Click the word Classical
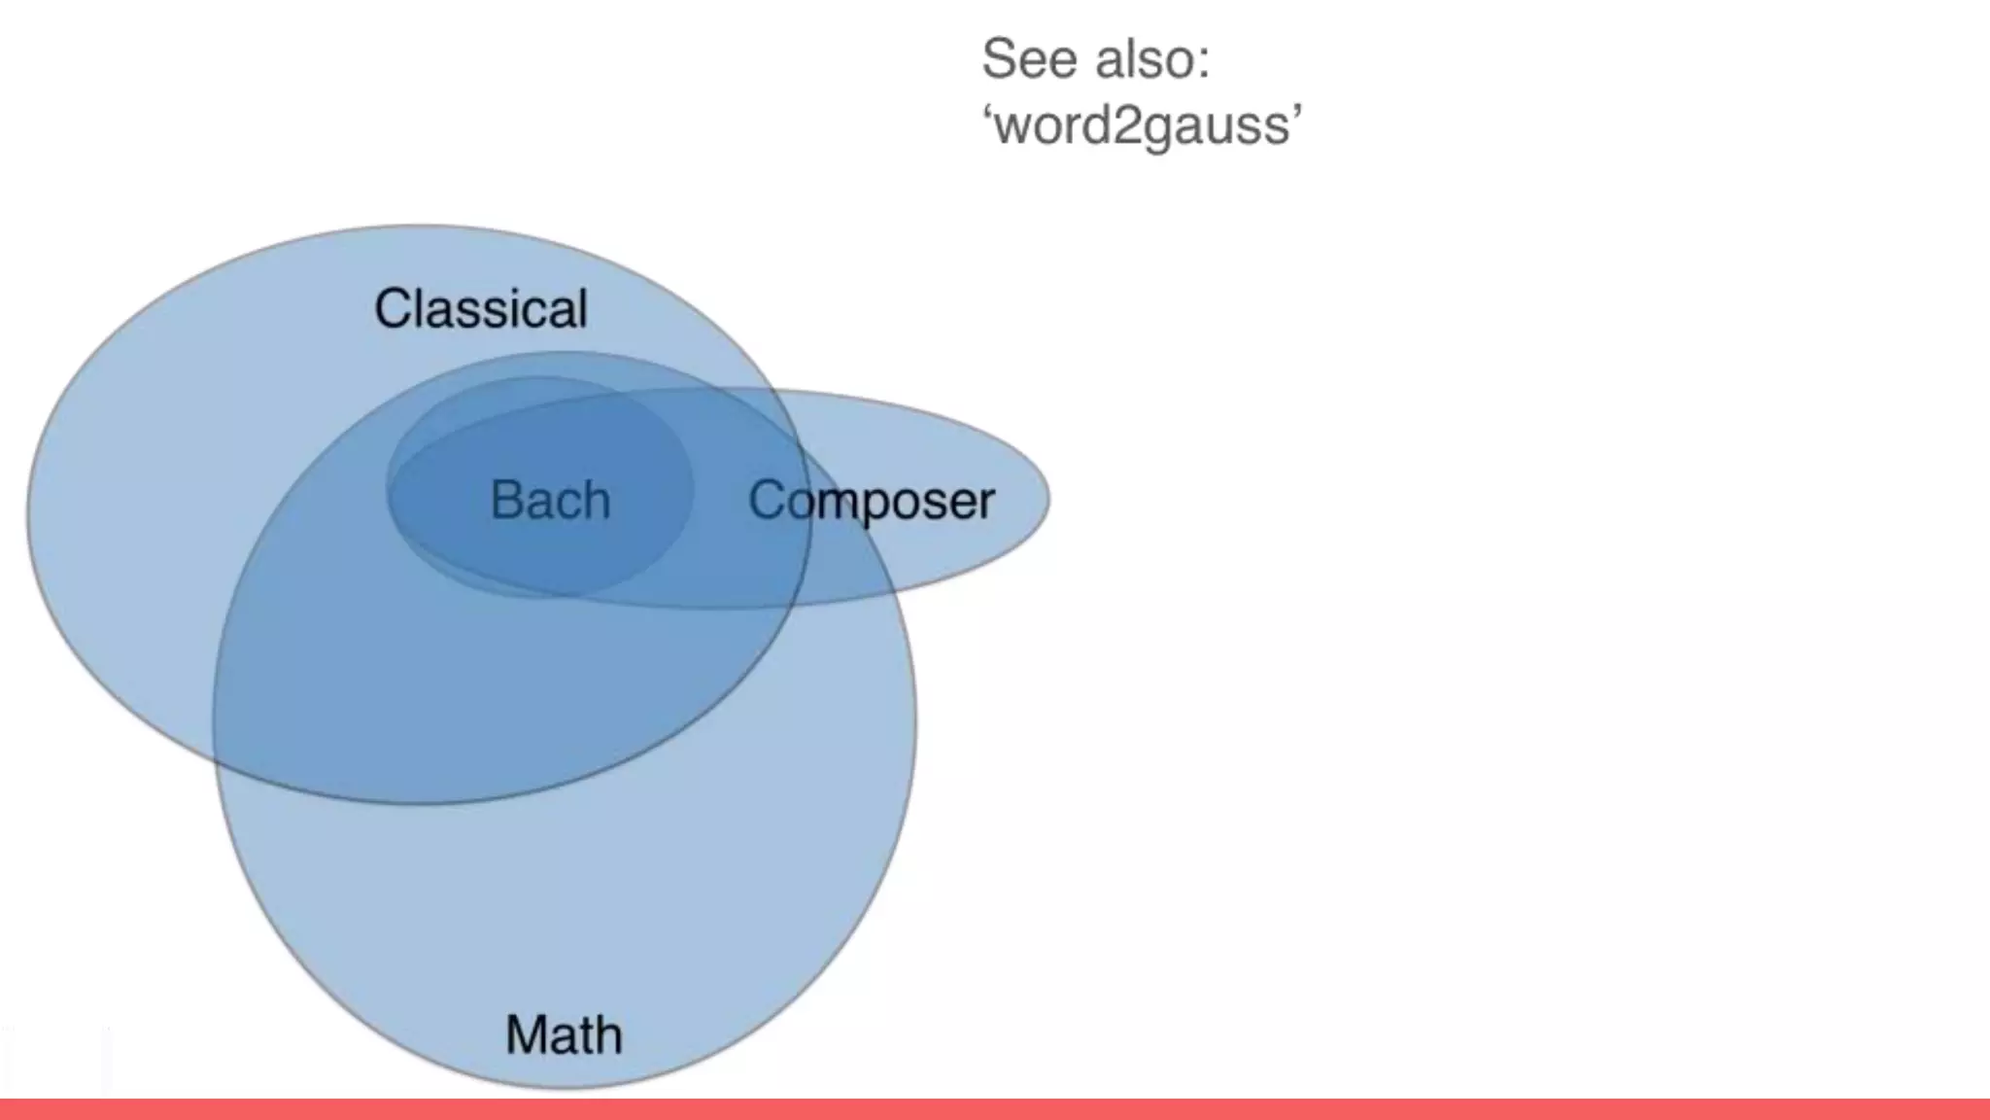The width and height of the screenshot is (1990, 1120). [x=481, y=309]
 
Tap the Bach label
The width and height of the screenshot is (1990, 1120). [x=550, y=501]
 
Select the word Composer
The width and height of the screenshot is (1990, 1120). [x=872, y=502]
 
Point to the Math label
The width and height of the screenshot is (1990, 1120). [x=564, y=1034]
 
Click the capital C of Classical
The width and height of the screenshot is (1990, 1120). [x=394, y=309]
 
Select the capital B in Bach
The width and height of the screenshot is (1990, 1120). [x=505, y=501]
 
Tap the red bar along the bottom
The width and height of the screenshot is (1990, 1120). [x=995, y=1109]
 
